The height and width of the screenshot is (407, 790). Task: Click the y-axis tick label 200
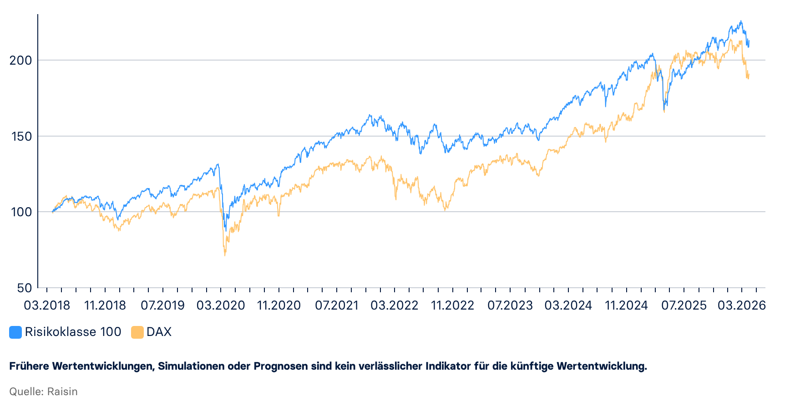pos(20,60)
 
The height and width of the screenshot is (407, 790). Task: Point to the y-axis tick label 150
pos(21,136)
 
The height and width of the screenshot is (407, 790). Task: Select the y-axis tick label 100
pos(21,212)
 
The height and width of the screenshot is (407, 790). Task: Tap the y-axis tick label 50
pos(25,288)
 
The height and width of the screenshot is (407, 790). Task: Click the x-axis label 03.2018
pos(47,305)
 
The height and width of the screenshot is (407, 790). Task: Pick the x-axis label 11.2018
pos(105,305)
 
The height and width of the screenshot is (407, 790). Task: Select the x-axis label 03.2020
pos(221,305)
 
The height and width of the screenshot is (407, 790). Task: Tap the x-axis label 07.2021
pos(337,305)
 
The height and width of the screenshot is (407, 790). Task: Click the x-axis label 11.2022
pos(452,305)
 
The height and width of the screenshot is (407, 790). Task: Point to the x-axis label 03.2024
pos(568,305)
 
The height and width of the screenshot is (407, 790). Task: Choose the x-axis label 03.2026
pos(742,305)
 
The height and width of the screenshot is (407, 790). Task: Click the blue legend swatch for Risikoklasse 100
pos(15,332)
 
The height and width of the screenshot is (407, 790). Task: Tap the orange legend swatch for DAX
pos(137,332)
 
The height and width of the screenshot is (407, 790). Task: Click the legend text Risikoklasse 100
pos(73,332)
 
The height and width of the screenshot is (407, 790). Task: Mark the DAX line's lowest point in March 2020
pos(225,255)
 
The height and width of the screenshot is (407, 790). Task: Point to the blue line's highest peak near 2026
pos(741,21)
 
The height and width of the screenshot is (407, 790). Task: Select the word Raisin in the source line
pos(62,392)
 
